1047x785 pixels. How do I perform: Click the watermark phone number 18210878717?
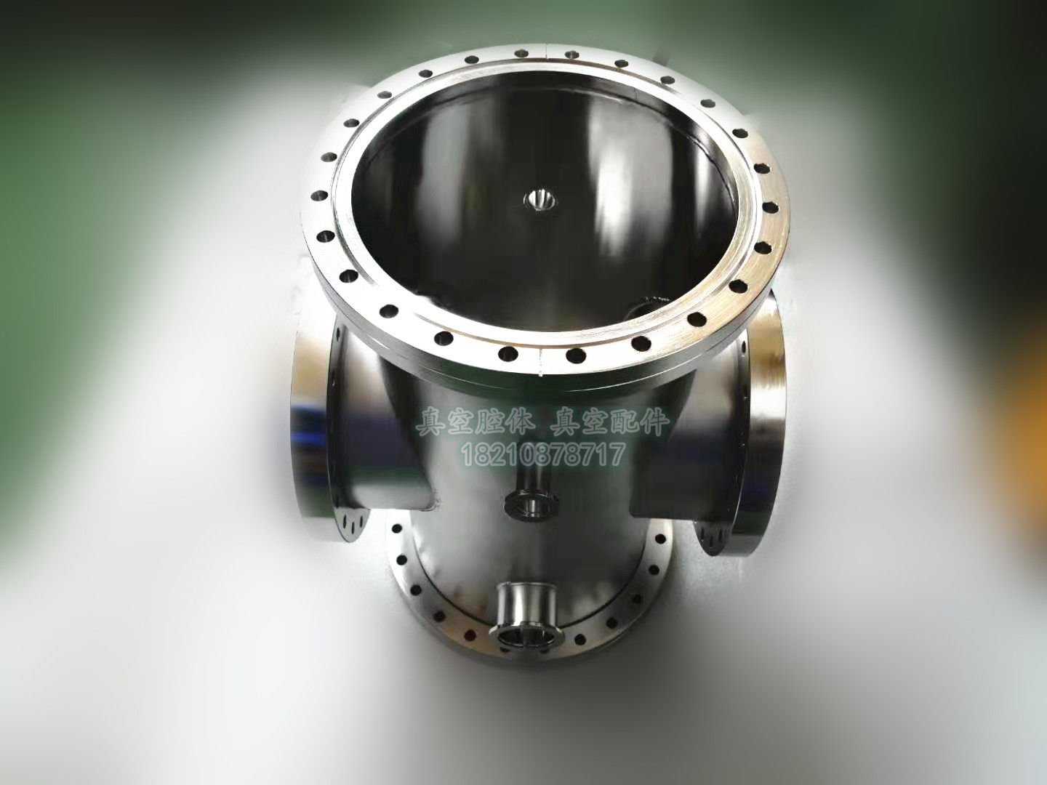[x=543, y=456]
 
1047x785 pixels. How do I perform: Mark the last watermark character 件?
[x=654, y=423]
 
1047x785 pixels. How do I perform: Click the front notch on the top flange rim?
[x=542, y=363]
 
